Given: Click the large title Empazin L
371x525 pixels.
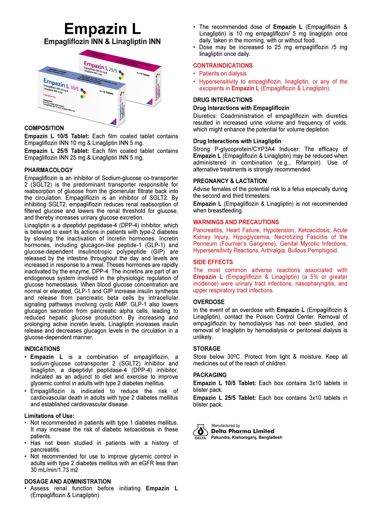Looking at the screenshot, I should [x=102, y=29].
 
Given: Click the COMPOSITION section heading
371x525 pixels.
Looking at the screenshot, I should [x=44, y=128].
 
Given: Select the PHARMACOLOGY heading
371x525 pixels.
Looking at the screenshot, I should [x=49, y=170].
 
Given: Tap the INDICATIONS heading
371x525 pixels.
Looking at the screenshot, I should [x=42, y=349].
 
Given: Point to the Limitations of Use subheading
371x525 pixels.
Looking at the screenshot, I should [x=49, y=416].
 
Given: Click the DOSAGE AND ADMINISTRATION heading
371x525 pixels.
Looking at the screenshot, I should [x=68, y=482].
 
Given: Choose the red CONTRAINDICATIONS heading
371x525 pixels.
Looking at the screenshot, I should [x=223, y=65].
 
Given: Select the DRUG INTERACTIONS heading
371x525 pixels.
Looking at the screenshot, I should [x=223, y=100].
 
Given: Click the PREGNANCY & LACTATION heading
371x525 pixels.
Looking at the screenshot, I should [x=230, y=181].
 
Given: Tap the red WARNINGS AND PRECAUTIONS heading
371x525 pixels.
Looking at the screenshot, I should [x=236, y=222].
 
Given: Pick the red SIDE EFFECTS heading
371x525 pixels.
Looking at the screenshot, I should [x=213, y=262].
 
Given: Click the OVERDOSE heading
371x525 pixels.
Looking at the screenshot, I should [x=209, y=302].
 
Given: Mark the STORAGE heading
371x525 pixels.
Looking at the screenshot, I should [x=207, y=348].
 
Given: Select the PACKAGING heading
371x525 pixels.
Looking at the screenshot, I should [x=210, y=375].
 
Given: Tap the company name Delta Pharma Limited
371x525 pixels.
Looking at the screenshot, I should [x=243, y=431].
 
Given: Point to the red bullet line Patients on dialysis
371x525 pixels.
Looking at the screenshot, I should [x=223, y=74].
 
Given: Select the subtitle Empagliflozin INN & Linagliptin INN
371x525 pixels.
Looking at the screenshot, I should [x=102, y=42].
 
